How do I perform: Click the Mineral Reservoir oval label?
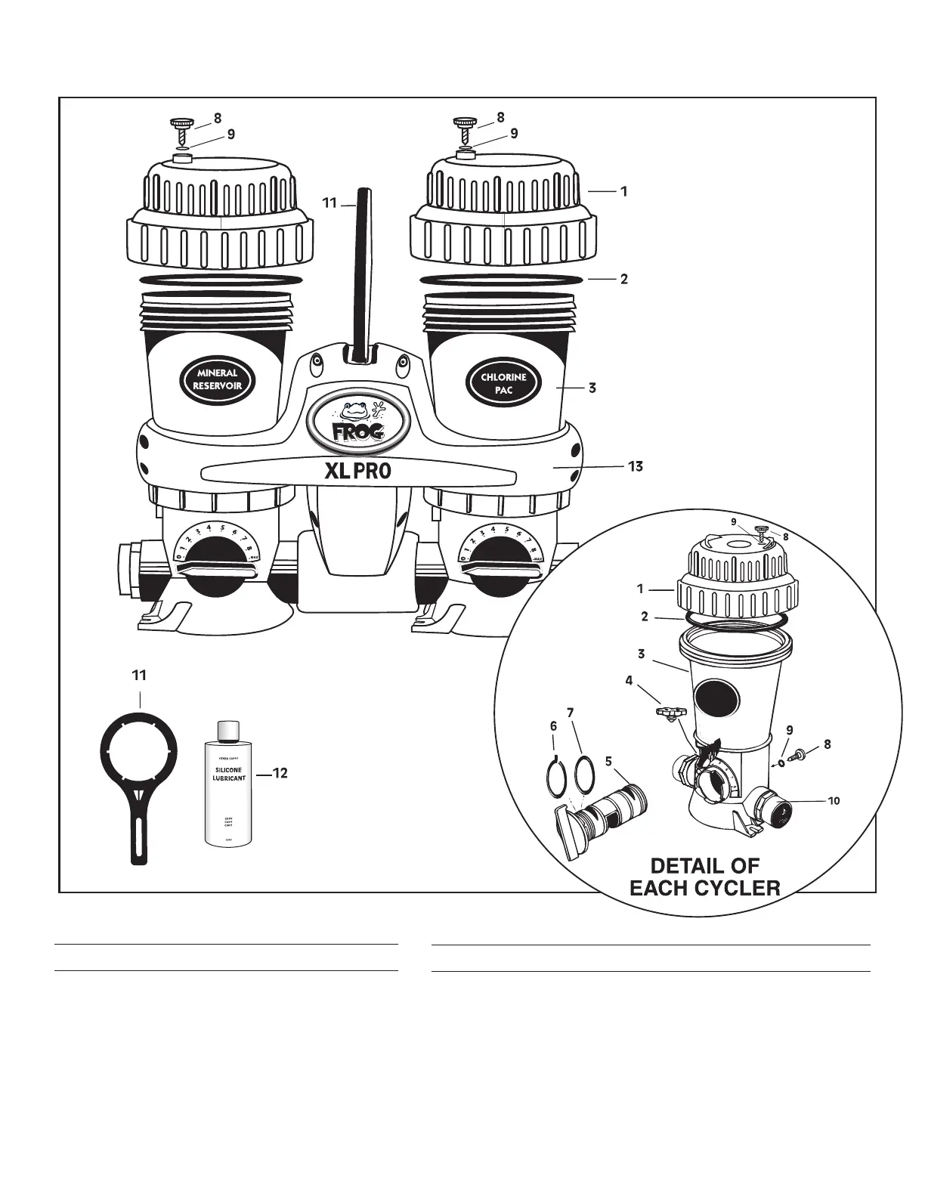tap(218, 379)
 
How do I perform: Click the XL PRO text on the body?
tap(358, 472)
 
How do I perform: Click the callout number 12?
tap(280, 773)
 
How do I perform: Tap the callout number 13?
tap(636, 466)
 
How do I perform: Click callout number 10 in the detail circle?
tap(834, 801)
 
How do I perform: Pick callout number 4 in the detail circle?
tap(629, 680)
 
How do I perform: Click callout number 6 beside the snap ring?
tap(553, 726)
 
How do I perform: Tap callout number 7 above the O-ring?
tap(571, 713)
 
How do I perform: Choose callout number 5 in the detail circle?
tap(608, 761)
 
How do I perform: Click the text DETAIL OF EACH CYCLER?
tap(704, 877)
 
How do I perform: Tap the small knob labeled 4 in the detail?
tap(668, 712)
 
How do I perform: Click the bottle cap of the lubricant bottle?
tap(228, 731)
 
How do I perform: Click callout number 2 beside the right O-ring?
tap(623, 279)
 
